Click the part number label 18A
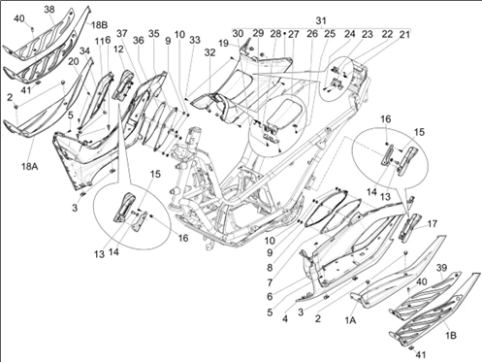pyautogui.click(x=30, y=167)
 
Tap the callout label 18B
pyautogui.click(x=99, y=25)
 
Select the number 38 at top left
pyautogui.click(x=49, y=10)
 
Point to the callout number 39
pyautogui.click(x=442, y=268)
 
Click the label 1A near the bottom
pyautogui.click(x=350, y=320)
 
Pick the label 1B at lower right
pyautogui.click(x=451, y=336)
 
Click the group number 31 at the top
pyautogui.click(x=321, y=21)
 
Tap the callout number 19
pyautogui.click(x=223, y=44)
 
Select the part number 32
pyautogui.click(x=209, y=52)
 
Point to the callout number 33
pyautogui.click(x=195, y=40)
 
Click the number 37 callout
pyautogui.click(x=122, y=34)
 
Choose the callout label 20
pyautogui.click(x=74, y=61)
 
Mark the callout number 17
pyautogui.click(x=433, y=224)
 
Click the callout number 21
pyautogui.click(x=404, y=34)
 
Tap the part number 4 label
pyautogui.click(x=285, y=318)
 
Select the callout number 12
pyautogui.click(x=118, y=49)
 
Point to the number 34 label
pyautogui.click(x=84, y=51)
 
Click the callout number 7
pyautogui.click(x=270, y=282)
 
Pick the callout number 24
pyautogui.click(x=349, y=34)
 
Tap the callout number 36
pyautogui.click(x=139, y=40)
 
